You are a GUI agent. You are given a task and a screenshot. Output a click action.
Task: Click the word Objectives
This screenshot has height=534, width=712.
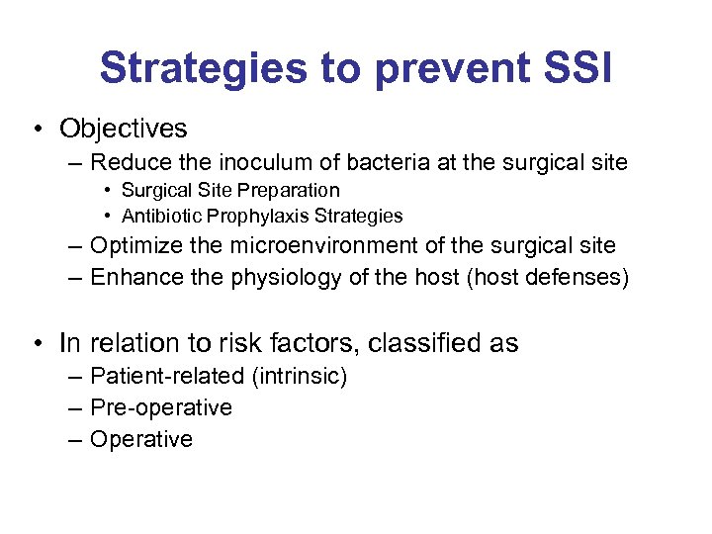point(123,129)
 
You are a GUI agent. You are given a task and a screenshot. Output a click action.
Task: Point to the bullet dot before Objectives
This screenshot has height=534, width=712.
point(36,129)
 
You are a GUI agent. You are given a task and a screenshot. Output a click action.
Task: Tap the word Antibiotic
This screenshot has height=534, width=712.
point(158,216)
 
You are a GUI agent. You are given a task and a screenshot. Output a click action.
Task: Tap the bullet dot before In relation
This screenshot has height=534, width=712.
point(36,343)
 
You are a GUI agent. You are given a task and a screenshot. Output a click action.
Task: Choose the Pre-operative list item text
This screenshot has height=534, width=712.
point(160,407)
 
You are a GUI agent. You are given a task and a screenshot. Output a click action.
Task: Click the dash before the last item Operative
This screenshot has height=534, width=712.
point(76,439)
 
